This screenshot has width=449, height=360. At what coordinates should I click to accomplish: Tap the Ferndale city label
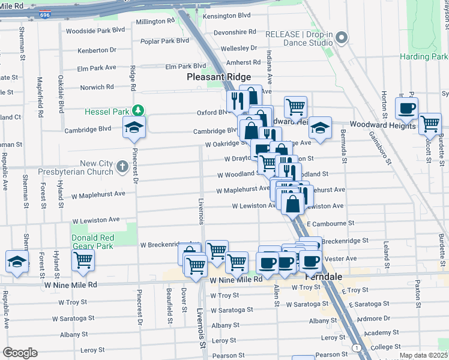323,277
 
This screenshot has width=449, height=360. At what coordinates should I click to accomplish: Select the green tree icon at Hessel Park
139,110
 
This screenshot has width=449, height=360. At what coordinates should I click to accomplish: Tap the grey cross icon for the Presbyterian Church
122,166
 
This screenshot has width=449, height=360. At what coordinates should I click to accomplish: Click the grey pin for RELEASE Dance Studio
342,38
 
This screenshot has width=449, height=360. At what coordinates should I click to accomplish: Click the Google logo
20,353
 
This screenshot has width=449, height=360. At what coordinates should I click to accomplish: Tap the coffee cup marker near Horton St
406,108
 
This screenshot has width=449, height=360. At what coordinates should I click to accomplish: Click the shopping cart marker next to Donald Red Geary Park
83,260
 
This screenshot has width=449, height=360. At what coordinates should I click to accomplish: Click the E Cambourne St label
330,224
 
